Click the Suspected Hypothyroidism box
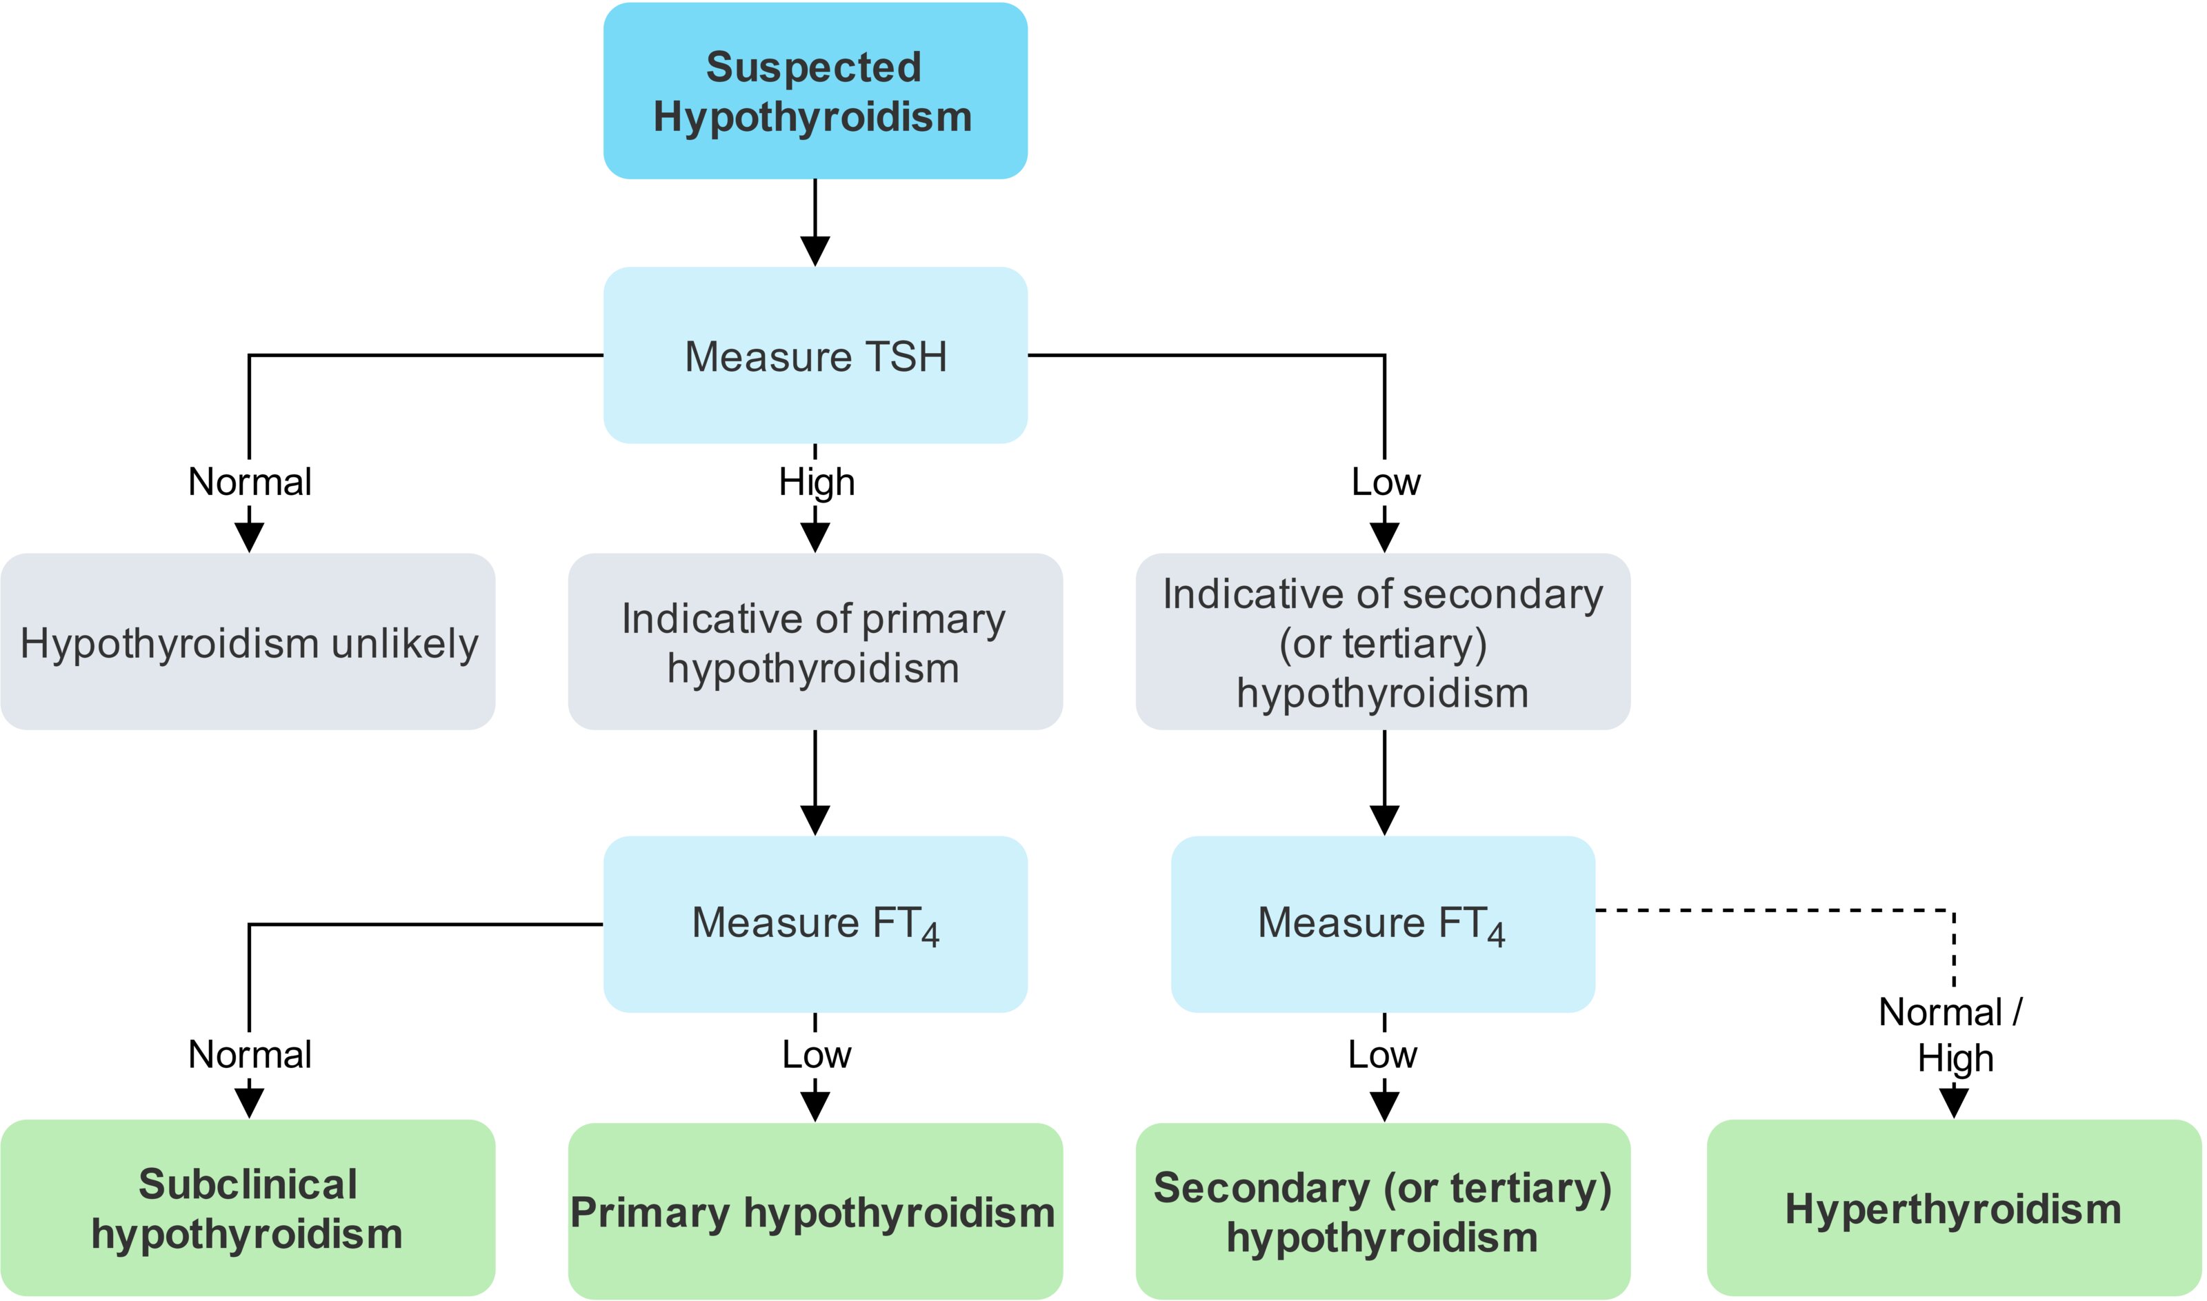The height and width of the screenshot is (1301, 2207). tap(815, 90)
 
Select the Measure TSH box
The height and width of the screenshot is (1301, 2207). tap(815, 355)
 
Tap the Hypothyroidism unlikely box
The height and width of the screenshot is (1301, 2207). tap(248, 642)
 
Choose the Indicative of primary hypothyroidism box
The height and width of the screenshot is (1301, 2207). tap(815, 642)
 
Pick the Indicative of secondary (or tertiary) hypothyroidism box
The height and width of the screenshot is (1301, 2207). tap(1383, 642)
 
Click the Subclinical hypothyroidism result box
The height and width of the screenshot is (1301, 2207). tap(248, 1208)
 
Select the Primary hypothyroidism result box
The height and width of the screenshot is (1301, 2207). tap(815, 1211)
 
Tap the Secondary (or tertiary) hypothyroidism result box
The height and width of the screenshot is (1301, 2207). tap(1383, 1211)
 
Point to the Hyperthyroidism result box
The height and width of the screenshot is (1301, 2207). tap(1955, 1208)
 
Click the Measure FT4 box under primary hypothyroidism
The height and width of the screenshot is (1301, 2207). tap(815, 924)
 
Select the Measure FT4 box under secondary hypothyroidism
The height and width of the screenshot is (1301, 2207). tap(1383, 924)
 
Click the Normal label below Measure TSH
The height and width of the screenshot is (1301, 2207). tap(250, 481)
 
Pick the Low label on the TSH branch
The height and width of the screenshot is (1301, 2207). tap(1386, 481)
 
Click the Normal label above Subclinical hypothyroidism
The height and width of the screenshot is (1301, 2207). tap(250, 1053)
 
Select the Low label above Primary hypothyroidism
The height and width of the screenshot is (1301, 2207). tap(817, 1053)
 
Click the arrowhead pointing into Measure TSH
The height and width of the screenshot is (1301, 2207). tap(815, 252)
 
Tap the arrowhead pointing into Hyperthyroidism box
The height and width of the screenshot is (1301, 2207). tap(1955, 1104)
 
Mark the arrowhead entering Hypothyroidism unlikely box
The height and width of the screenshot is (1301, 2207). tap(250, 537)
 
